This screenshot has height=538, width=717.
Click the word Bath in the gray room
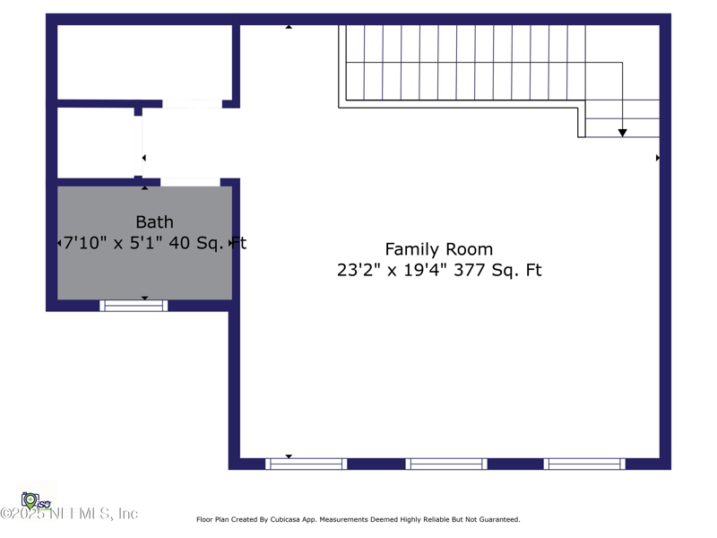coord(154,221)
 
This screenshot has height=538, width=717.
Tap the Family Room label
coord(438,249)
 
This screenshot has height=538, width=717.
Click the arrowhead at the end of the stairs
coord(622,133)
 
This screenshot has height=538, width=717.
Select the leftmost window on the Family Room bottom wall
coord(306,464)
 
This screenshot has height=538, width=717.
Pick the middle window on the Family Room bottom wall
coord(445,464)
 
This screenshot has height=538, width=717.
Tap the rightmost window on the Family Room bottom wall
coord(584,464)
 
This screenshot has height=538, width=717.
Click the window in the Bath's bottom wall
coord(134,306)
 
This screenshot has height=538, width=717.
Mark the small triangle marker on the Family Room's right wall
coord(658,158)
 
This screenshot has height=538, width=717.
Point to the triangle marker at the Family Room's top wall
coord(289,27)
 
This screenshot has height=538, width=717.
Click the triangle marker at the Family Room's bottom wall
coord(289,456)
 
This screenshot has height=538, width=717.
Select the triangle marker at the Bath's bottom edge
coord(145,298)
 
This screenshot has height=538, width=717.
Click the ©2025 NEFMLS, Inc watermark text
coord(69,514)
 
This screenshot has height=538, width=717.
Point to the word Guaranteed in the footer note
coord(497,519)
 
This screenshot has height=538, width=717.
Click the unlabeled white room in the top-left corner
coord(144,62)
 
